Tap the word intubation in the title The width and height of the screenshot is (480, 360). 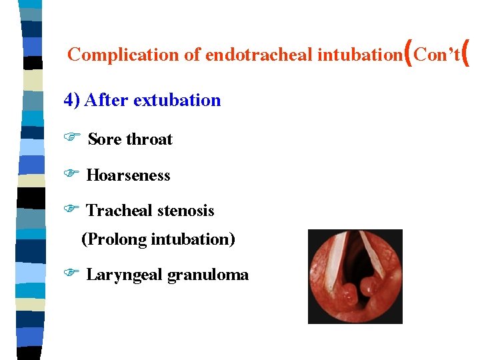(358, 55)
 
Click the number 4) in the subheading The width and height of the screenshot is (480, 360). (71, 101)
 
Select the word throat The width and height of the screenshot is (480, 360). (149, 139)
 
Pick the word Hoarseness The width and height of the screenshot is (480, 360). (128, 175)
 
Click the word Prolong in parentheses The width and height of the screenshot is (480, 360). (115, 239)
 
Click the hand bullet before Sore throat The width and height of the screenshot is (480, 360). (71, 138)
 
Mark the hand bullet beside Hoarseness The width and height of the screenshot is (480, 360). (71, 174)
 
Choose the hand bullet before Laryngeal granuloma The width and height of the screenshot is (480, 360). (71, 273)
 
